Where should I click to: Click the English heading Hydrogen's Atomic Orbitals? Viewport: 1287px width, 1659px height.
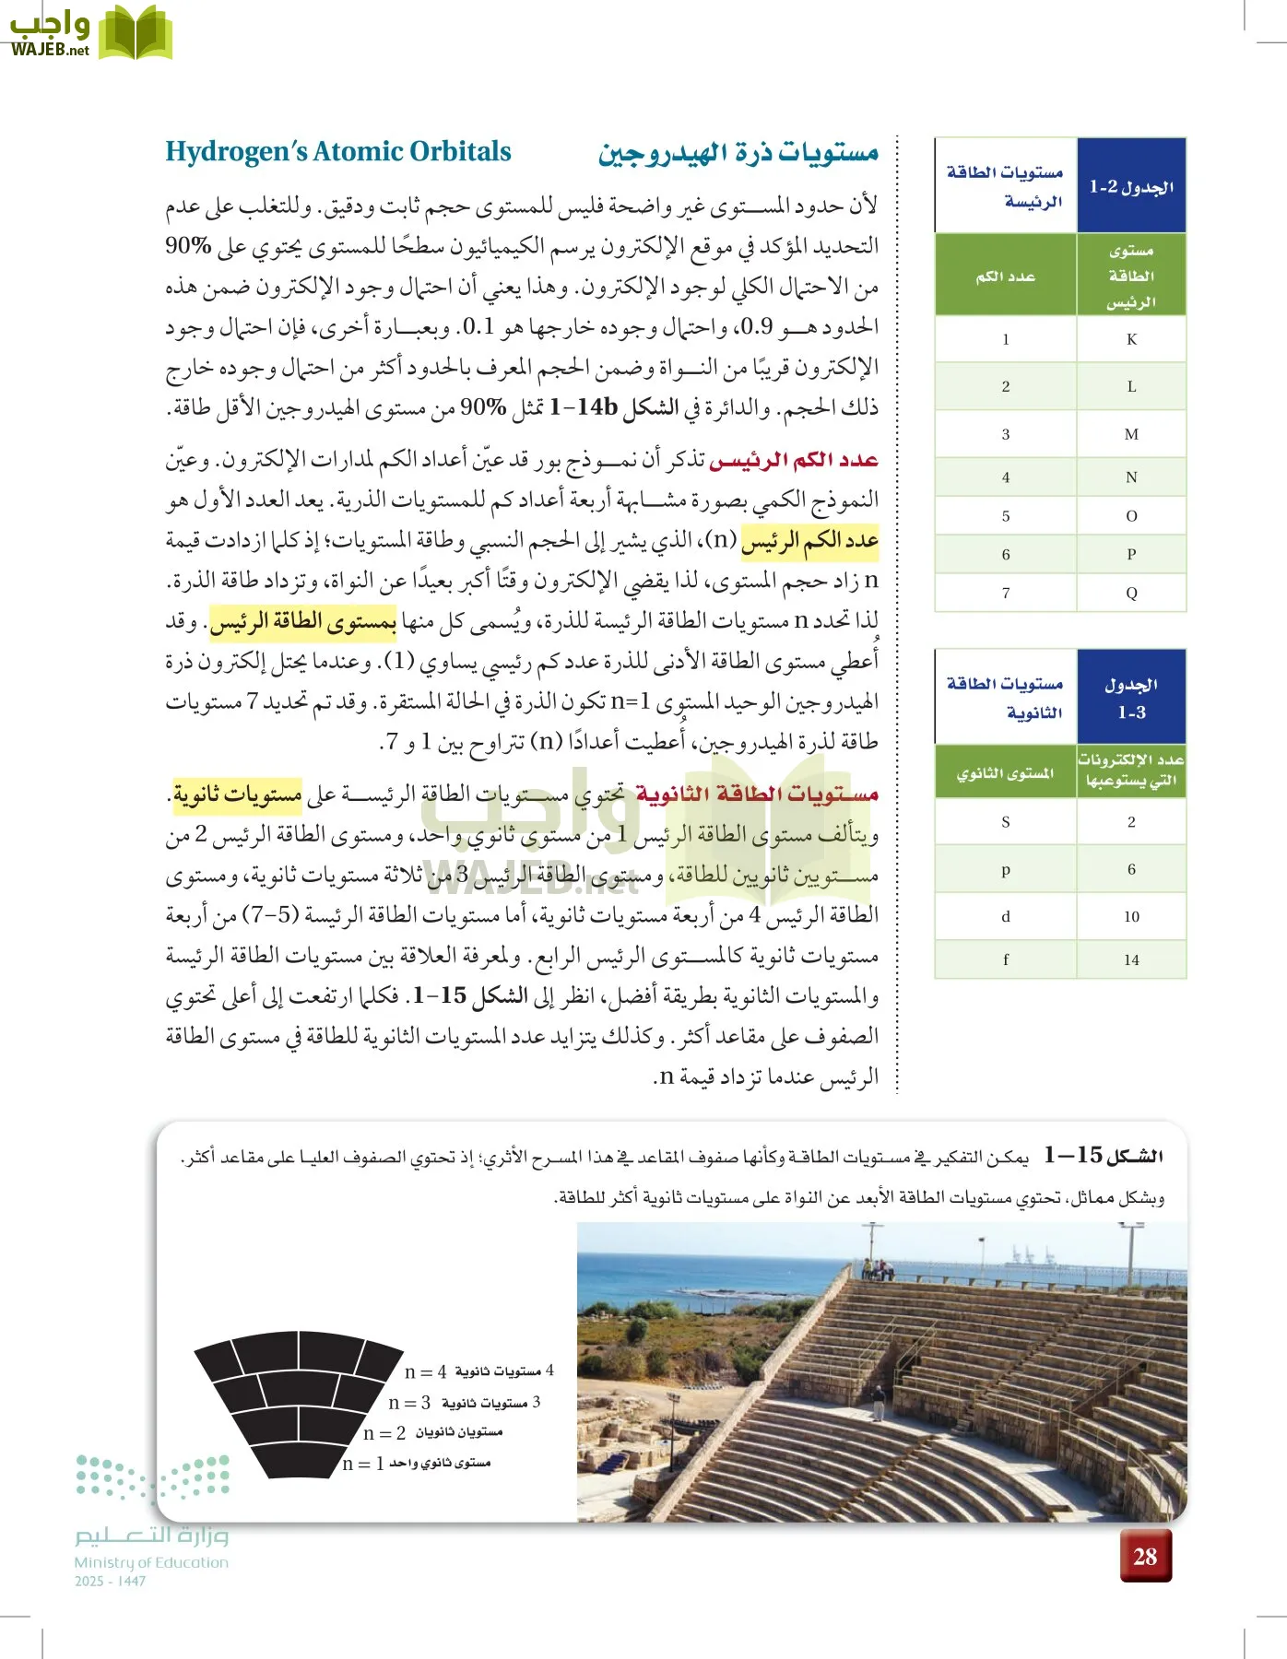337,152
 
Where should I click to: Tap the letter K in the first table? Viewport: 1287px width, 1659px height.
1131,339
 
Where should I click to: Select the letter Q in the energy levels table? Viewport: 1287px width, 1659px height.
1131,593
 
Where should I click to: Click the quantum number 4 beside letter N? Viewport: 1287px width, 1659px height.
1005,477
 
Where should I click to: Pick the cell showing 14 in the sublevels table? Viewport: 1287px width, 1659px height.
1131,959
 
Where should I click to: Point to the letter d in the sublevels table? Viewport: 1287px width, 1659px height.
1005,916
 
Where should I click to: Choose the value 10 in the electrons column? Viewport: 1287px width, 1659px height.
1131,916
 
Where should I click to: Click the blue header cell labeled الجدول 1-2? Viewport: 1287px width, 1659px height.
1131,186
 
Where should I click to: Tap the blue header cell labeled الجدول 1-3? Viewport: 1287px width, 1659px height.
1131,698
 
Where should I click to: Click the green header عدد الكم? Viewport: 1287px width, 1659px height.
1005,276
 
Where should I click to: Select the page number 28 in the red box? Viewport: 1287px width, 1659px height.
1145,1557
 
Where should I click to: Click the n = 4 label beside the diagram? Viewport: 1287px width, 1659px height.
425,1372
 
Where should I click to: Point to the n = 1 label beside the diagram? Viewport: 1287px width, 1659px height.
362,1464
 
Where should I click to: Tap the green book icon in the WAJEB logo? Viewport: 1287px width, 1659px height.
135,33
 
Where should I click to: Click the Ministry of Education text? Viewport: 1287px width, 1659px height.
151,1562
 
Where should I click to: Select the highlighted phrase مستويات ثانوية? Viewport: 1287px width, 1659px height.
238,794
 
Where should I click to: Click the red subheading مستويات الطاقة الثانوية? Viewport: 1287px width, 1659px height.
757,794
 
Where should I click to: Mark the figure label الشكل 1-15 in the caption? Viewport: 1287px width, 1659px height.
1103,1156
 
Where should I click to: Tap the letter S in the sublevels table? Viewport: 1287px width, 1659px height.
1005,821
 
